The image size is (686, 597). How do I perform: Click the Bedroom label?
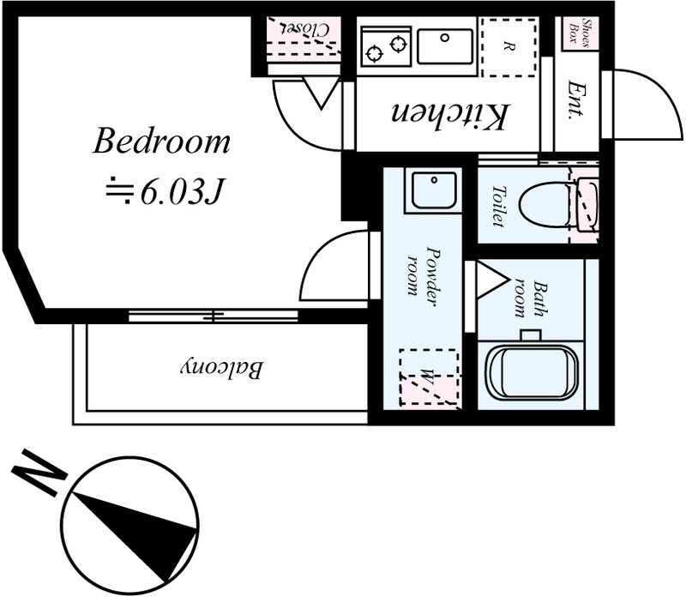(x=161, y=141)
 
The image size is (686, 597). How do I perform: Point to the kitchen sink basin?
(x=445, y=46)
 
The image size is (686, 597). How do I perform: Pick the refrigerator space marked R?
(x=508, y=47)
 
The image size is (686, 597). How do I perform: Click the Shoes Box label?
(x=580, y=32)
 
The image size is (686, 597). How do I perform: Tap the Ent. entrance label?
(x=576, y=99)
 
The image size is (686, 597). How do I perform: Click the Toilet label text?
(x=498, y=206)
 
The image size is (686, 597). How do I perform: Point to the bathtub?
(x=533, y=373)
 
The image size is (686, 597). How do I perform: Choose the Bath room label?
(x=531, y=300)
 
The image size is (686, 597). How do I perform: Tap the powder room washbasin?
(x=434, y=190)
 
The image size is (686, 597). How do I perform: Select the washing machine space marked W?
(x=430, y=377)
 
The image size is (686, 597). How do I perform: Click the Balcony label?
(x=222, y=369)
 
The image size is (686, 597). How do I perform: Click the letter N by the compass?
(x=39, y=472)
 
